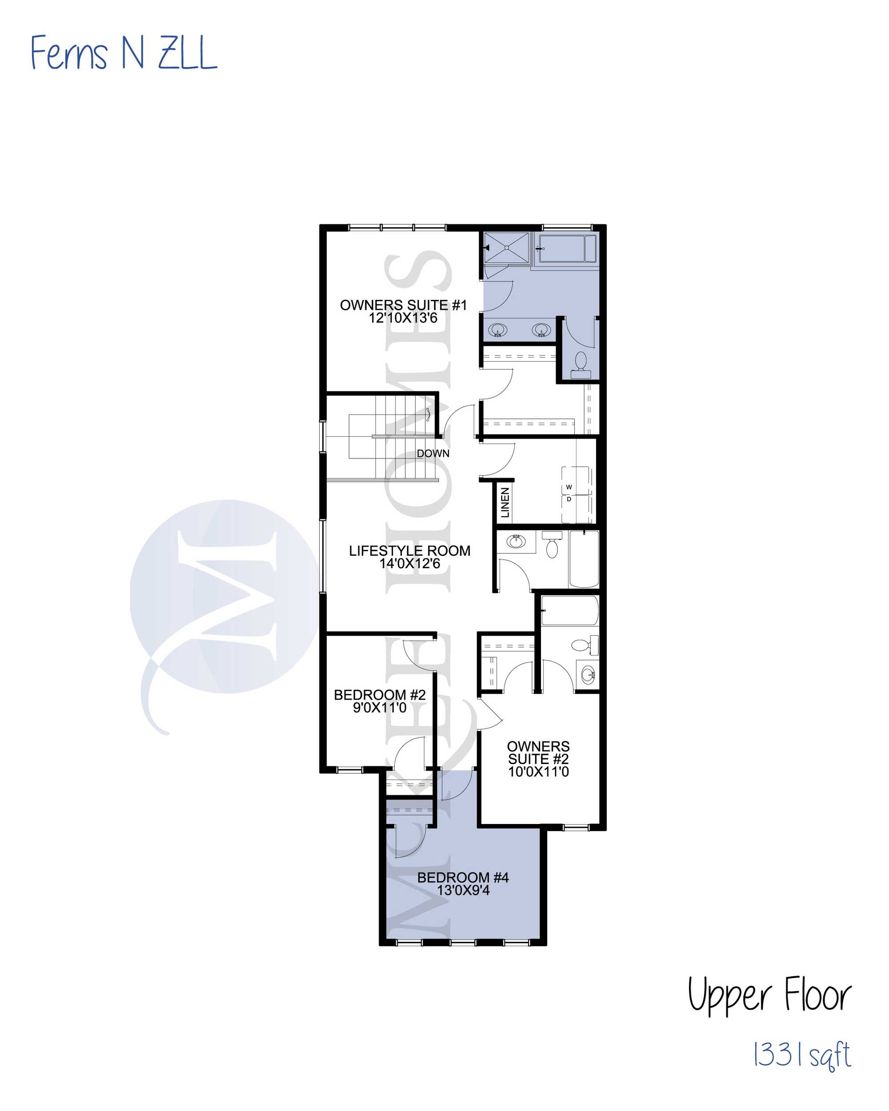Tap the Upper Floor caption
pos(769,994)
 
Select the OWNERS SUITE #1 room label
pos(403,305)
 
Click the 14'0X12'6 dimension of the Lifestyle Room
pos(410,563)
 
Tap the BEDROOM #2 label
pos(380,695)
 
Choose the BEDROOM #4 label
pos(463,877)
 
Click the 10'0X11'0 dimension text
pos(538,772)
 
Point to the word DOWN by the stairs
pos(433,454)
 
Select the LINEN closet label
pos(505,502)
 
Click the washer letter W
pos(569,487)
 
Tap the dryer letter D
pos(569,499)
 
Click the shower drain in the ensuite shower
pos(507,248)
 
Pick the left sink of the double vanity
pos(497,329)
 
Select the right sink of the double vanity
pos(541,329)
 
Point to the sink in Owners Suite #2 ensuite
pos(589,673)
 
